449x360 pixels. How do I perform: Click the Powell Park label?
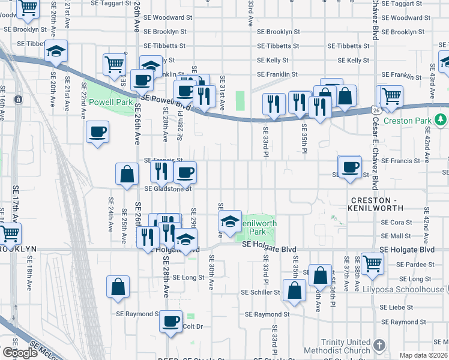tap(110, 102)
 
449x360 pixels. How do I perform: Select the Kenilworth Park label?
tap(258, 227)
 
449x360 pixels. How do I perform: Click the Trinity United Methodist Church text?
tap(337, 346)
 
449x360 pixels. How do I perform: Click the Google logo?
tap(20, 352)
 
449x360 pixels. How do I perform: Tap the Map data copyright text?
tap(424, 355)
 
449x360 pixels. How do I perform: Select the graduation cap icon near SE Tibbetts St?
tap(56, 52)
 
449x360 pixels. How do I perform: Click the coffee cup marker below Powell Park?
tap(97, 132)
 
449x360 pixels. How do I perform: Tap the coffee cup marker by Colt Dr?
tap(171, 321)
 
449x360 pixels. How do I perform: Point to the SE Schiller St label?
tap(261, 293)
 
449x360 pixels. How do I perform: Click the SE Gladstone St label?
tap(167, 188)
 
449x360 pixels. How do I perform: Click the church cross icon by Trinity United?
tap(378, 345)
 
